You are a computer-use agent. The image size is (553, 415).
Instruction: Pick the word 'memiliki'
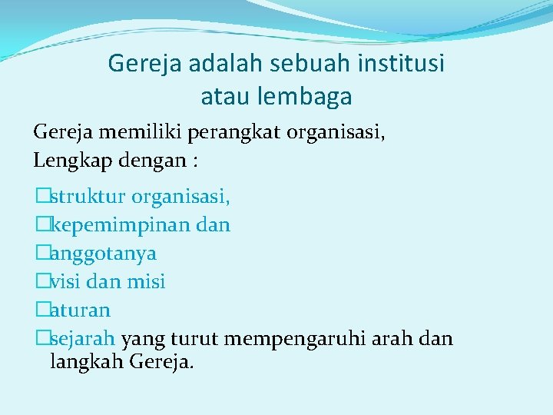pyautogui.click(x=130, y=132)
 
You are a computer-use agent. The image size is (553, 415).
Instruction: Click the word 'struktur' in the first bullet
pyautogui.click(x=88, y=197)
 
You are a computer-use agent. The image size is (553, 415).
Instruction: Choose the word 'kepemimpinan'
pyautogui.click(x=116, y=225)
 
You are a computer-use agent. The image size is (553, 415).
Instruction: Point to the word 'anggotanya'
pyautogui.click(x=103, y=254)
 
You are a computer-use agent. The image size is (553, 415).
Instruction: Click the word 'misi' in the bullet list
pyautogui.click(x=146, y=282)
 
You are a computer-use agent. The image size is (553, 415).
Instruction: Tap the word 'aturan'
pyautogui.click(x=80, y=310)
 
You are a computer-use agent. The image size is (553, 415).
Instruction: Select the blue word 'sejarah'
pyautogui.click(x=83, y=339)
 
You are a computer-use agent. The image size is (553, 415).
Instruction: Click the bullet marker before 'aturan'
pyautogui.click(x=41, y=310)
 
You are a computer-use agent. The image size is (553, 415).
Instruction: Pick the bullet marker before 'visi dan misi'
pyautogui.click(x=41, y=282)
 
